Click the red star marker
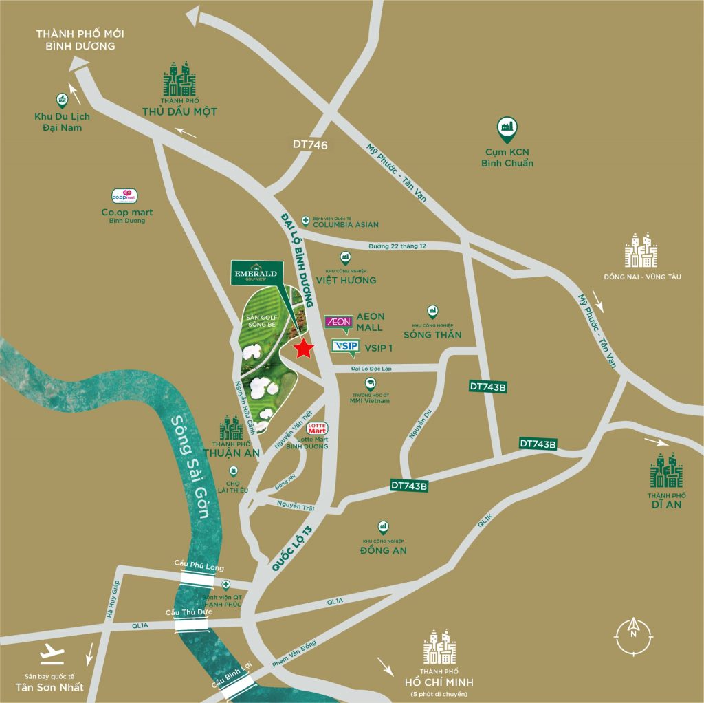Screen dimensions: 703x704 click(302, 349)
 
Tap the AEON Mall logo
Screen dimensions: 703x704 click(338, 322)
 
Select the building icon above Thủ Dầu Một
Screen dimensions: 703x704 click(179, 80)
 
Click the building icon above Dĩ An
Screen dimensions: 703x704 click(665, 471)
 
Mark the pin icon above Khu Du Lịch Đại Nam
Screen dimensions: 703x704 click(63, 100)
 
